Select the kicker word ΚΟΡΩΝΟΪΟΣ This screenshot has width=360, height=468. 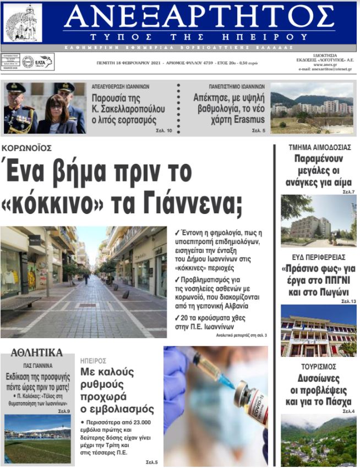coord(26,148)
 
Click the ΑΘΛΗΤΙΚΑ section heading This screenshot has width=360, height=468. coord(36,353)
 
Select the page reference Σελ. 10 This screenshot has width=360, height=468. coord(166,130)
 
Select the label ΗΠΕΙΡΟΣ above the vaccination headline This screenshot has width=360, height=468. coord(93,361)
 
